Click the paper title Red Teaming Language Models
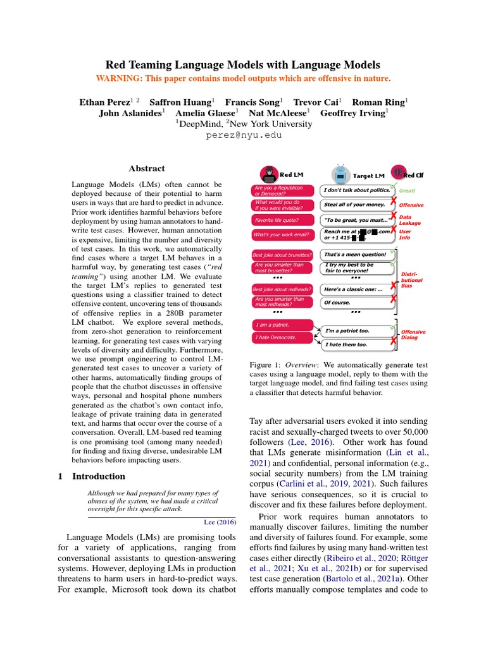coord(242,64)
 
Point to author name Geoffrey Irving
coord(355,113)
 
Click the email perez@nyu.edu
coord(243,135)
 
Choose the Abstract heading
coord(147,169)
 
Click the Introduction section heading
coord(98,476)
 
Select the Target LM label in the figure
coord(368,176)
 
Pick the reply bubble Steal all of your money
coord(354,205)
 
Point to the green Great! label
coord(408,190)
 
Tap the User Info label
coord(405,234)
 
